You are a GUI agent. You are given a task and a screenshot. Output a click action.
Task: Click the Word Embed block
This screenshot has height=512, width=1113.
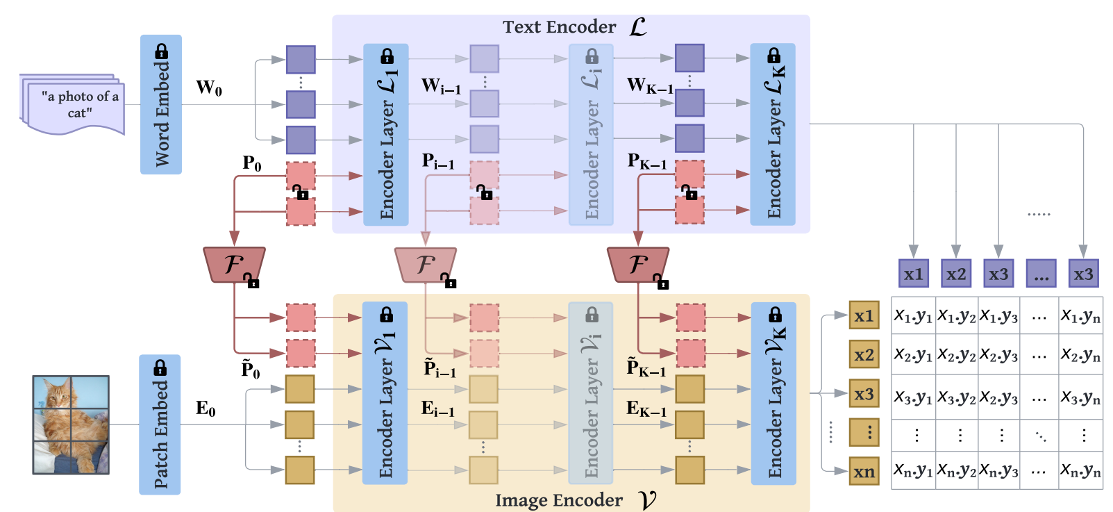coord(161,104)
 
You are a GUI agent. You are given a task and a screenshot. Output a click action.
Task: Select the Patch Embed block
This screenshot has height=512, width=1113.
coord(160,424)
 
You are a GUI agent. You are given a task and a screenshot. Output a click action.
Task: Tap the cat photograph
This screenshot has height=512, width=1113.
coord(71,425)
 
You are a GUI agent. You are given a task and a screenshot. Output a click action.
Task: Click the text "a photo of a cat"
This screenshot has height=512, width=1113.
coord(80,104)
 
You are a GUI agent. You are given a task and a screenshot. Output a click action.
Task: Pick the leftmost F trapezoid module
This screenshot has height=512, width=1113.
coord(234,265)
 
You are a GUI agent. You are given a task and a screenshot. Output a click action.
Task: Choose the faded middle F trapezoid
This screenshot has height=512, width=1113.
coord(426,265)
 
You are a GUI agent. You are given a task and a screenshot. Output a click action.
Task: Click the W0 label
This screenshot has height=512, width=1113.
coord(209,88)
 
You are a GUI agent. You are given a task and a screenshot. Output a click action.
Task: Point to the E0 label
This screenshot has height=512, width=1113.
coord(206,408)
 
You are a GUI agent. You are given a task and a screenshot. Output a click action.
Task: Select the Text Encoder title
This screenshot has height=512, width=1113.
coord(560,27)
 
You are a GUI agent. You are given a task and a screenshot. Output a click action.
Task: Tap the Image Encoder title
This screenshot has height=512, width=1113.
coord(559,500)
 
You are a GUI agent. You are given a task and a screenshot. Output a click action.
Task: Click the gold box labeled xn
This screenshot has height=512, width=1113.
coord(864,471)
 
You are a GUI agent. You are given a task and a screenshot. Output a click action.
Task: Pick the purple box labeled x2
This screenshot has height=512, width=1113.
coord(956,274)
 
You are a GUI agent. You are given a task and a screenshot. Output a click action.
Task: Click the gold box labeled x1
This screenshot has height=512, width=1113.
coord(864,315)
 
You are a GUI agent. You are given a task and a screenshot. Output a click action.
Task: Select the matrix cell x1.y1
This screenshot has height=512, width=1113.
coord(913,315)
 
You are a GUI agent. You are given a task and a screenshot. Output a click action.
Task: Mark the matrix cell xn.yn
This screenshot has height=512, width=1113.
coord(1080,470)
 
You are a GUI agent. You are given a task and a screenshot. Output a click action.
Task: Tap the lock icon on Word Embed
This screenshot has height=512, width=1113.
coord(161,51)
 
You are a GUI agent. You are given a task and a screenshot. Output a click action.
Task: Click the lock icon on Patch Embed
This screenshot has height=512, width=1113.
coord(160,368)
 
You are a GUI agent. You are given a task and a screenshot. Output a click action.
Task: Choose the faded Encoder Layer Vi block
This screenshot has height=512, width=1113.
coord(591,393)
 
